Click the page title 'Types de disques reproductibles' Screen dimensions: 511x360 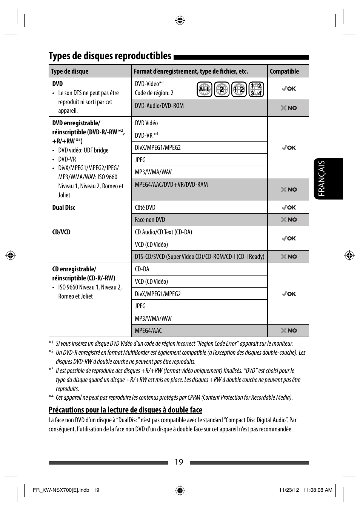pyautogui.click(x=110, y=56)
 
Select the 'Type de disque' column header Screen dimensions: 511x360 pyautogui.click(x=69, y=71)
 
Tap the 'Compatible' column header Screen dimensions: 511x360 pyautogui.click(x=284, y=71)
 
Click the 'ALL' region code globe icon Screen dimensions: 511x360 pyautogui.click(x=205, y=89)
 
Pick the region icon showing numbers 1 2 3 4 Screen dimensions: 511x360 pyautogui.click(x=256, y=89)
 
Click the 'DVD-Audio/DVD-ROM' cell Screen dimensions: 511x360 pyautogui.click(x=159, y=106)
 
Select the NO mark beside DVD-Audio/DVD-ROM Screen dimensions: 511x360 pyautogui.click(x=289, y=108)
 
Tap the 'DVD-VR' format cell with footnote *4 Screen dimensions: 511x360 pyautogui.click(x=146, y=135)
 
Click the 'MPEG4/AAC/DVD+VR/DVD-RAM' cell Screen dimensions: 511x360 pyautogui.click(x=171, y=185)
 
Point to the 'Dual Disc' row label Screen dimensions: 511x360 pyautogui.click(x=64, y=208)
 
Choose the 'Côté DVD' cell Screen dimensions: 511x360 pyautogui.click(x=145, y=208)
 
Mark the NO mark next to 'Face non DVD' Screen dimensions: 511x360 pyautogui.click(x=289, y=220)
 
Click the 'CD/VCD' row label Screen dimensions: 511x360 pyautogui.click(x=62, y=232)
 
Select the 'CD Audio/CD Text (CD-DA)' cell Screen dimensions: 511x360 pyautogui.click(x=163, y=232)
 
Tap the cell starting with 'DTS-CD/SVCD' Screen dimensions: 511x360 pyautogui.click(x=199, y=257)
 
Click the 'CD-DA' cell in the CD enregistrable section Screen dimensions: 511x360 pyautogui.click(x=142, y=269)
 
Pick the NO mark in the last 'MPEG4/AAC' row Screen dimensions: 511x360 pyautogui.click(x=289, y=331)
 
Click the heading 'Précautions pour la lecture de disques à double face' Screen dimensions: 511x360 pyautogui.click(x=125, y=410)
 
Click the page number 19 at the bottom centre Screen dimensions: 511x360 pyautogui.click(x=179, y=462)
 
